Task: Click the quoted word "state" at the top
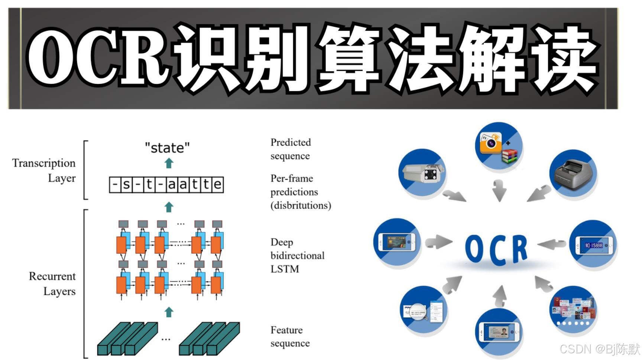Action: pyautogui.click(x=167, y=148)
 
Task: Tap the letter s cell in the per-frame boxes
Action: pyautogui.click(x=126, y=185)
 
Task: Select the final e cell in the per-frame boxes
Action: pyautogui.click(x=218, y=185)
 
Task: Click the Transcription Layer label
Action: pyautogui.click(x=44, y=171)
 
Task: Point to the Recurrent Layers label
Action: pyautogui.click(x=52, y=284)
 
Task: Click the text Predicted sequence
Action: pyautogui.click(x=291, y=149)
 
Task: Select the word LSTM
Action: pyautogui.click(x=285, y=269)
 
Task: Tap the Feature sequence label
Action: pyautogui.click(x=290, y=337)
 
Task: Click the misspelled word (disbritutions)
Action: pyautogui.click(x=301, y=205)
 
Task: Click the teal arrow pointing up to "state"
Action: pyautogui.click(x=169, y=163)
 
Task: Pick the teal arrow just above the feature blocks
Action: pyautogui.click(x=169, y=312)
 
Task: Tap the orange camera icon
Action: pyautogui.click(x=491, y=143)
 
